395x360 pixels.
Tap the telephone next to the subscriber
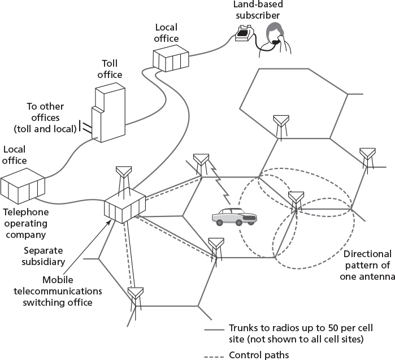245,34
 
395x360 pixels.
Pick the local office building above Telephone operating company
23,189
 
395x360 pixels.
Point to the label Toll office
111,69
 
